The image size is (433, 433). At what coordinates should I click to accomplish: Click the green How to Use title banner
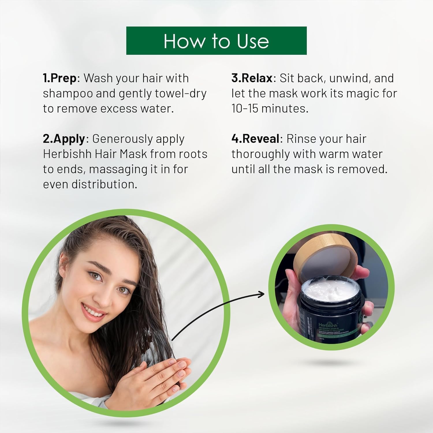pyautogui.click(x=216, y=41)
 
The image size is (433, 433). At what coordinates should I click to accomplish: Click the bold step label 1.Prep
pyautogui.click(x=60, y=78)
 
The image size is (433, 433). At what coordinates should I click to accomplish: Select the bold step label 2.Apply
pyautogui.click(x=64, y=139)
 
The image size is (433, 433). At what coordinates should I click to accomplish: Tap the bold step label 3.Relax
pyautogui.click(x=252, y=78)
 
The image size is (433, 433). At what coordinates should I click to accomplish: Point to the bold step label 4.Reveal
pyautogui.click(x=255, y=139)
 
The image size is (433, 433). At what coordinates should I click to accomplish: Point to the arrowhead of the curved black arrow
pyautogui.click(x=262, y=294)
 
